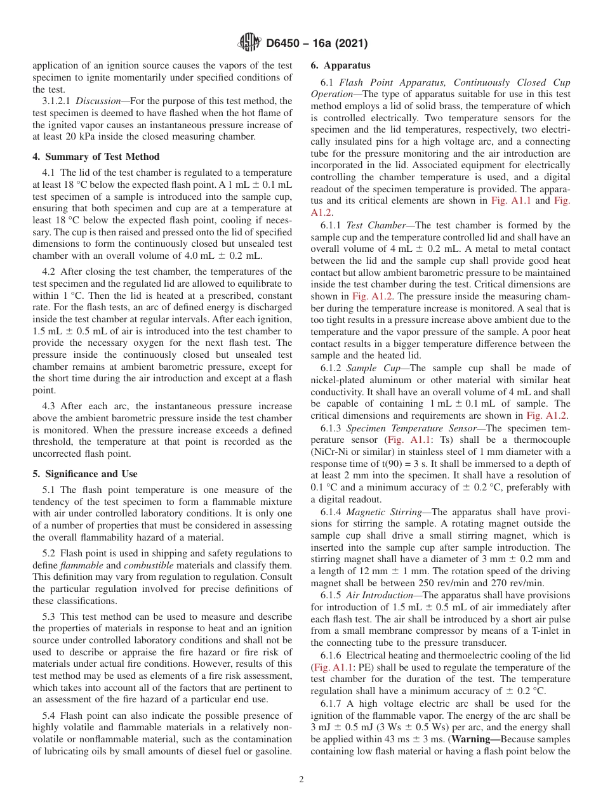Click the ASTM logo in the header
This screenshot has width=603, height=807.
click(x=249, y=43)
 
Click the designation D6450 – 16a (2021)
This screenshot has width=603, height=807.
click(x=317, y=44)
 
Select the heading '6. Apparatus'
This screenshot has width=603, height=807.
click(x=340, y=65)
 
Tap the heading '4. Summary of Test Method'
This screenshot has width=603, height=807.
click(x=96, y=157)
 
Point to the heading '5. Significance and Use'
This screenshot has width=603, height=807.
click(x=84, y=474)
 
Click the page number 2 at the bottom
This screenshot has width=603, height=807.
click(x=301, y=780)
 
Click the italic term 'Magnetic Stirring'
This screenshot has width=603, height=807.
click(x=374, y=512)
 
